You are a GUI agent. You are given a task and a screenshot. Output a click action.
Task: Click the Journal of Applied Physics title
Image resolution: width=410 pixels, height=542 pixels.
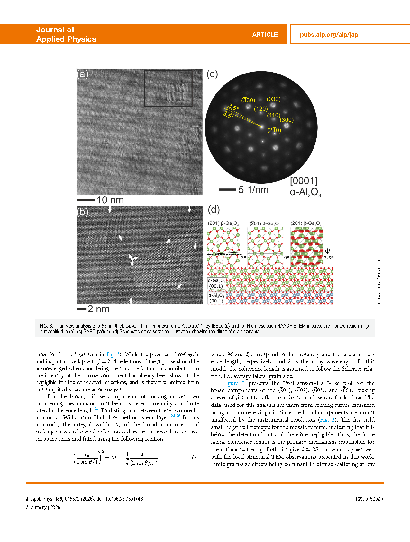pos(66,34)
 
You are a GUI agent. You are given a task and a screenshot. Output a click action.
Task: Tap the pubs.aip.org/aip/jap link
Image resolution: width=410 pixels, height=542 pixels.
pos(329,35)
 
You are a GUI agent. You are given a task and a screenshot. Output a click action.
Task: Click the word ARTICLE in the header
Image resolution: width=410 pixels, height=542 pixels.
pos(265,35)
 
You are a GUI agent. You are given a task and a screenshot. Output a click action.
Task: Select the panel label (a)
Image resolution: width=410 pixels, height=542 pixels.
pos(82,74)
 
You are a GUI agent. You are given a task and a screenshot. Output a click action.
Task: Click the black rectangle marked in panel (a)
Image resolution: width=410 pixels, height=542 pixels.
pos(168,88)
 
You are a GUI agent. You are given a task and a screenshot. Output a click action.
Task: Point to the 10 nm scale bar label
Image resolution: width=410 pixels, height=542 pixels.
pos(110,200)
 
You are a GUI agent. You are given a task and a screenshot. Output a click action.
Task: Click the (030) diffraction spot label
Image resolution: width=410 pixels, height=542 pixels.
pos(274,99)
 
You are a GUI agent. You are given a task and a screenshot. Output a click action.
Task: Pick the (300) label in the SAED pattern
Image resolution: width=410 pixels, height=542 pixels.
pos(287,120)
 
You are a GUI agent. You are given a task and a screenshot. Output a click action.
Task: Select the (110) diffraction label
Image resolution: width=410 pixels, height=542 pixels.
pos(274,115)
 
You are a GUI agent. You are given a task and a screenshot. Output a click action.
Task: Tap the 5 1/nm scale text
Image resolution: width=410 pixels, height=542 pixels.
pos(253,190)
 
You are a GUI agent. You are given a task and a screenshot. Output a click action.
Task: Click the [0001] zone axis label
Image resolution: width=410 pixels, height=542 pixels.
pos(304,181)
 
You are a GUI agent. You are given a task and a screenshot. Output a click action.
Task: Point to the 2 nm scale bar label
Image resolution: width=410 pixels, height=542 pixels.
pos(98,309)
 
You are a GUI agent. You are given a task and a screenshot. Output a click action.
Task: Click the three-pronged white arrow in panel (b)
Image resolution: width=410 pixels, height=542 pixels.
pos(132,259)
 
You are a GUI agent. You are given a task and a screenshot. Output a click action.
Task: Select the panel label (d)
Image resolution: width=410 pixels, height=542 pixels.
pos(214,210)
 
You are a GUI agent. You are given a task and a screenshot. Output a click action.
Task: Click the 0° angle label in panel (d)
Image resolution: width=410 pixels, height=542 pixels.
pos(286,258)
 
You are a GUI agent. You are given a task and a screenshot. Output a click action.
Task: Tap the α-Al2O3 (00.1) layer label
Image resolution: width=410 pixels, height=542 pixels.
pos(216,298)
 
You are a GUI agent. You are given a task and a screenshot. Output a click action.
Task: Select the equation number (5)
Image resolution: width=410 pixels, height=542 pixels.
pos(195,458)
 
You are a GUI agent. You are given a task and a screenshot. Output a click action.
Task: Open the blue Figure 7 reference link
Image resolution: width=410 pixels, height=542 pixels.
pos(234,383)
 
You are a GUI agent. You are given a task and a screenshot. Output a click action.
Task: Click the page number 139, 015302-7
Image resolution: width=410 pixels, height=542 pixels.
pos(369,499)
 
